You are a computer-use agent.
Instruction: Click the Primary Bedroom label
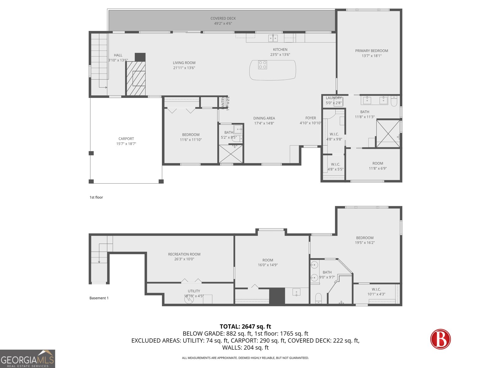(x=371, y=51)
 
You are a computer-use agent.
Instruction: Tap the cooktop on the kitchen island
(x=262, y=65)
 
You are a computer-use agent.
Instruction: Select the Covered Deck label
(x=223, y=18)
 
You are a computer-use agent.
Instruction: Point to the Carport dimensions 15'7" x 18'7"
(x=126, y=144)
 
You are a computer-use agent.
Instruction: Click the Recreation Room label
(x=184, y=254)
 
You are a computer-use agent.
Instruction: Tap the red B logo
(x=440, y=339)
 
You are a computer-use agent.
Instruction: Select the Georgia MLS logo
(x=28, y=359)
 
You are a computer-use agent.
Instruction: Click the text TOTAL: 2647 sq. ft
(x=245, y=327)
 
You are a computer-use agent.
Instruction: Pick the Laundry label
(x=333, y=98)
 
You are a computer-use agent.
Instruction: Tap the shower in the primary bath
(x=388, y=134)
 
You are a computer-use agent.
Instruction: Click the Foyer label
(x=311, y=118)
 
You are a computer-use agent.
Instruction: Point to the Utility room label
(x=194, y=291)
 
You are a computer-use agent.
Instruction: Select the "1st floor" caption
(x=96, y=197)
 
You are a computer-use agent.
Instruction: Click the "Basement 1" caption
(x=99, y=298)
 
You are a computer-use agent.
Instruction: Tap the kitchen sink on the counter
(x=273, y=38)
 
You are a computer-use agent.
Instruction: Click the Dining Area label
(x=264, y=118)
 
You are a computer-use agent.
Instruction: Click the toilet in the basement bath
(x=319, y=297)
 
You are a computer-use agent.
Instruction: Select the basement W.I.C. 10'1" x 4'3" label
(x=376, y=289)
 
